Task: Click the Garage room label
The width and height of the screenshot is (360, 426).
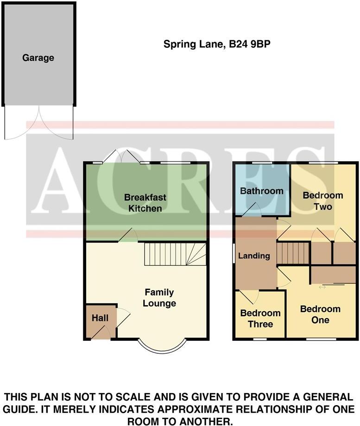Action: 38,58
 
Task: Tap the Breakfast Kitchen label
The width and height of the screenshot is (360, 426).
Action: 145,203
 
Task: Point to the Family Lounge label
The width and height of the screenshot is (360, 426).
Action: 159,298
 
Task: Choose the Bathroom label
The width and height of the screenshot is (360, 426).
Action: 261,191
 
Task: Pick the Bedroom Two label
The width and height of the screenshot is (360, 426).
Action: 323,200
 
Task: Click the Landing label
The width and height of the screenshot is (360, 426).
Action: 254,256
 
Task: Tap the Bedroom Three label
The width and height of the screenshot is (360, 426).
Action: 260,319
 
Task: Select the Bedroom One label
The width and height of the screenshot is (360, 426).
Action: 320,314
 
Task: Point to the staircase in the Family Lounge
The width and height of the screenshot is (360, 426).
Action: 174,254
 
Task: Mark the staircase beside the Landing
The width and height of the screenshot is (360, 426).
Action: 293,253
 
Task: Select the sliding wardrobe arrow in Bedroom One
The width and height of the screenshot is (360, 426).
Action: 322,287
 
